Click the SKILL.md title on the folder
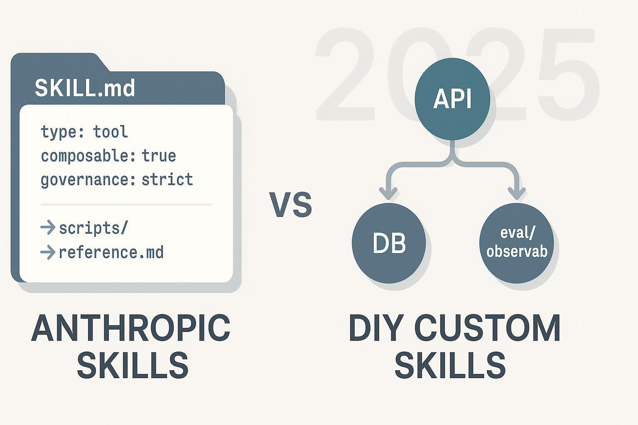tap(85, 88)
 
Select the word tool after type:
tap(110, 132)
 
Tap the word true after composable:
tap(159, 156)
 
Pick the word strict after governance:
tap(167, 180)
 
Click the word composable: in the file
tap(88, 156)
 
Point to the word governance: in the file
tap(88, 180)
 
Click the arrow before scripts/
tap(48, 227)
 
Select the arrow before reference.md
tap(48, 252)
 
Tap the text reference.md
tap(111, 252)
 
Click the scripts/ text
tap(93, 228)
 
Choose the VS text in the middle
tap(290, 205)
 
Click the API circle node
tap(452, 99)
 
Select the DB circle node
tap(389, 243)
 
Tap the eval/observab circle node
tap(516, 243)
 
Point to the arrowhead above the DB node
tap(388, 193)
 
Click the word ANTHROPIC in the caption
tap(130, 328)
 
